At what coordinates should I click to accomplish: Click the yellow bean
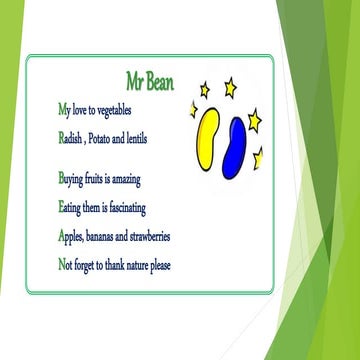208,139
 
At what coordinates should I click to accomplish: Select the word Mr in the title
136,78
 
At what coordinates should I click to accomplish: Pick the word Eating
73,208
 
